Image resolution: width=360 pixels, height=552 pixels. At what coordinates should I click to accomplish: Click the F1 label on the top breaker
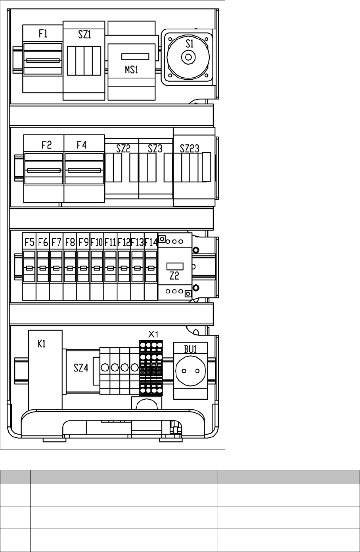[43, 34]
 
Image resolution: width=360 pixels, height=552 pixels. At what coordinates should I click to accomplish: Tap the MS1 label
[131, 71]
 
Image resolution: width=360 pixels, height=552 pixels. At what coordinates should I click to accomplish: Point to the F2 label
[47, 145]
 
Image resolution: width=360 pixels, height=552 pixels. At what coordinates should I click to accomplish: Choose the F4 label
[82, 145]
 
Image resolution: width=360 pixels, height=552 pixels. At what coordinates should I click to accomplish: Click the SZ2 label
[123, 149]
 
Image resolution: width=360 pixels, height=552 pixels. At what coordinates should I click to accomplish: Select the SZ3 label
[155, 149]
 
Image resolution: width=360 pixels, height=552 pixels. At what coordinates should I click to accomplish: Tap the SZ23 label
[190, 149]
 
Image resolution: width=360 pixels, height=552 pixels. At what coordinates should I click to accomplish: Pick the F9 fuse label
[83, 242]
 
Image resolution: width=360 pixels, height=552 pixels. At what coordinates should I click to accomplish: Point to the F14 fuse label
[151, 242]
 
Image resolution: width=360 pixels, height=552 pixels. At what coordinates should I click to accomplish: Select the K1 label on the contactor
[42, 344]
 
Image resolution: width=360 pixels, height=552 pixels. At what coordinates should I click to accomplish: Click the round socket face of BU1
[190, 371]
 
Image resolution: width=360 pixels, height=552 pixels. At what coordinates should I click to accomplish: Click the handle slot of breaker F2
[44, 171]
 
